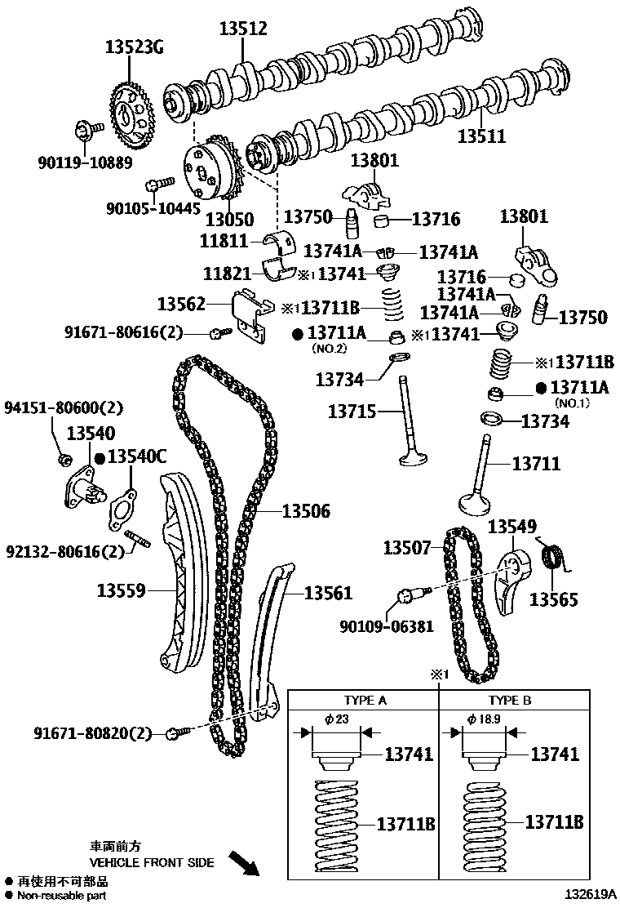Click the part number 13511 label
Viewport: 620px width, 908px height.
pyautogui.click(x=481, y=137)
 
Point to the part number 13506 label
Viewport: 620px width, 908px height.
pyautogui.click(x=306, y=511)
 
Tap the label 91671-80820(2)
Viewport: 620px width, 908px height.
pyautogui.click(x=93, y=733)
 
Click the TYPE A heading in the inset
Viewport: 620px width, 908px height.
pyautogui.click(x=365, y=700)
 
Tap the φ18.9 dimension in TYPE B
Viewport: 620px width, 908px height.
pyautogui.click(x=489, y=719)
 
